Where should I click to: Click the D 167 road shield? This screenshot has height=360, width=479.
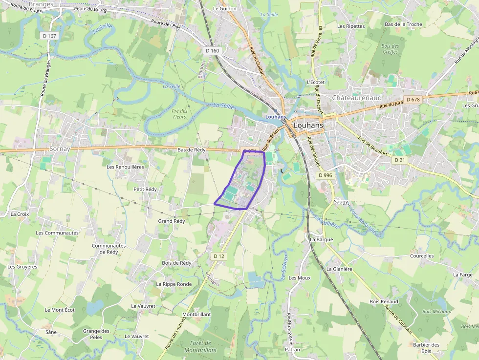pyautogui.click(x=49, y=35)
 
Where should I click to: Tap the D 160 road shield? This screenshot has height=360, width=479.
pyautogui.click(x=213, y=50)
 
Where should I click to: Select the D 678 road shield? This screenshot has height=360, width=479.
pyautogui.click(x=413, y=100)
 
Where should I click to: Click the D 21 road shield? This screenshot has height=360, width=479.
pyautogui.click(x=399, y=160)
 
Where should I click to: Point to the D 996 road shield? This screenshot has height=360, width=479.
pyautogui.click(x=325, y=175)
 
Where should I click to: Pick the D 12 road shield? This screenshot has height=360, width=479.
pyautogui.click(x=219, y=256)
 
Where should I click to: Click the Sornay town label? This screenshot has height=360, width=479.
pyautogui.click(x=60, y=148)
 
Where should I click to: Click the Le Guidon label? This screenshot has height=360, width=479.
pyautogui.click(x=225, y=8)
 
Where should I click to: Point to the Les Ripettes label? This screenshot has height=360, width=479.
pyautogui.click(x=351, y=26)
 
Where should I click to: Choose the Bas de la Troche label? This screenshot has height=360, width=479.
pyautogui.click(x=403, y=24)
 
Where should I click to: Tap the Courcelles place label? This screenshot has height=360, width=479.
pyautogui.click(x=422, y=256)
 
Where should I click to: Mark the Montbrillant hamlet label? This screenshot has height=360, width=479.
pyautogui.click(x=196, y=315)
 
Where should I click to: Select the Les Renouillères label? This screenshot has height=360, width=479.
pyautogui.click(x=125, y=167)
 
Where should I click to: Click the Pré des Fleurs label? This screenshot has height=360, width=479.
pyautogui.click(x=180, y=114)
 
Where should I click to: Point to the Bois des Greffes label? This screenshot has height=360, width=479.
pyautogui.click(x=391, y=49)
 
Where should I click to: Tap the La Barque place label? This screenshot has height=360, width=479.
pyautogui.click(x=322, y=239)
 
